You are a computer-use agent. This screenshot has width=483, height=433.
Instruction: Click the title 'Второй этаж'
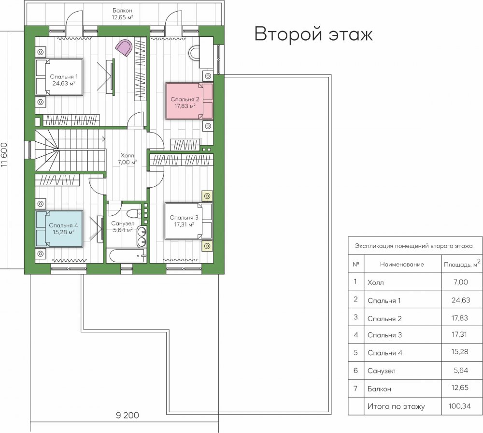(313, 34)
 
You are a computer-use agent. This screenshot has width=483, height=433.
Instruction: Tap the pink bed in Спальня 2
(189, 101)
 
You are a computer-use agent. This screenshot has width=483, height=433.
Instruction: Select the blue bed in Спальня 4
(59, 229)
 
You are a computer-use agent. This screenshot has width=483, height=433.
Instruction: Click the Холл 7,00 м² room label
(127, 159)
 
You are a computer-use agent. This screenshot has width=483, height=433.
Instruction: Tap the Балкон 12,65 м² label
(122, 14)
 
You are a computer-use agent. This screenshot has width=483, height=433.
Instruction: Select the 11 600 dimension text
(4, 155)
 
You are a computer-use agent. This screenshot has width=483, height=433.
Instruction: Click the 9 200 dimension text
(127, 416)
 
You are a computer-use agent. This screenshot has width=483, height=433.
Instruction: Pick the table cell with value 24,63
(461, 300)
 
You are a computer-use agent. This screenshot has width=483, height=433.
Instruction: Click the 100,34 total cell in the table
(460, 406)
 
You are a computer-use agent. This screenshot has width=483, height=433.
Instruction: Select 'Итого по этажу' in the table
(396, 406)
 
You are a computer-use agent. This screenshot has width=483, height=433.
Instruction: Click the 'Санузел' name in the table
(382, 371)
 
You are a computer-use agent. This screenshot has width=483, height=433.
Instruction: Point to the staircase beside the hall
(70, 150)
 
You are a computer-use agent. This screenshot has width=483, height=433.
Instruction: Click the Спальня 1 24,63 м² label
(64, 80)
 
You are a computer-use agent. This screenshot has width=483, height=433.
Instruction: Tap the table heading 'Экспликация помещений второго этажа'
(414, 246)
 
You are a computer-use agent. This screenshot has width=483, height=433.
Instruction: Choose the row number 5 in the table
(356, 353)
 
